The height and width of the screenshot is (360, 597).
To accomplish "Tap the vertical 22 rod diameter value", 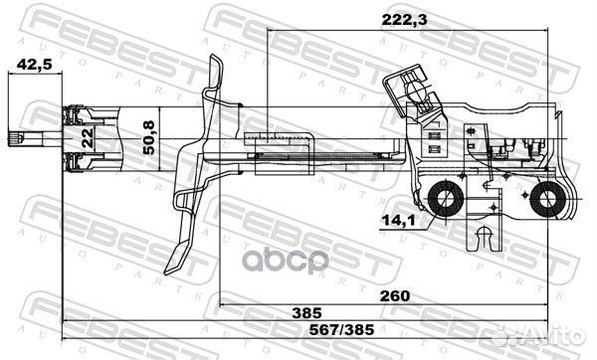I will (x=87, y=138).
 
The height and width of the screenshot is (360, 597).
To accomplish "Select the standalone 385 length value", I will (x=321, y=311).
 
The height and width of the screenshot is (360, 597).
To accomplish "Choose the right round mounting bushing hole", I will (x=546, y=203).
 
